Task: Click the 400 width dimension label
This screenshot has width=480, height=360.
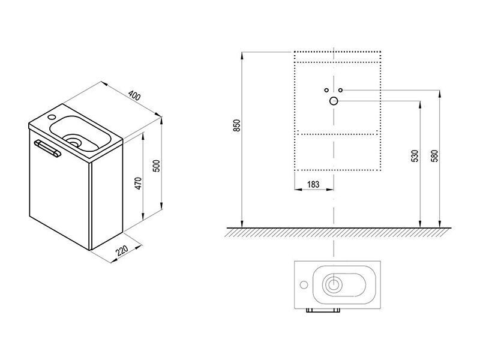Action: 134,95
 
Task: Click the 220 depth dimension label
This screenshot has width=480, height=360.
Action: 122,250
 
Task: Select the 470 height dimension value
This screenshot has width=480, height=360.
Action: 139,184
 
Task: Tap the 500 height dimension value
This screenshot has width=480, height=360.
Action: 156,166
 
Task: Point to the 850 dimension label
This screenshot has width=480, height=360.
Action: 237,125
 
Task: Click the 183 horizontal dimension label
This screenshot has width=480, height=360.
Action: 313,184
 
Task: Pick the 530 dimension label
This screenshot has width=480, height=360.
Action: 415,156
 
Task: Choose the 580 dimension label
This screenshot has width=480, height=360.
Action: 434,156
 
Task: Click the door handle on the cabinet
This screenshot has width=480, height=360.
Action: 47,148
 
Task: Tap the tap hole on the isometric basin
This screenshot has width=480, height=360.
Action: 51,117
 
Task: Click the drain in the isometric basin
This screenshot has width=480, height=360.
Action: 73,142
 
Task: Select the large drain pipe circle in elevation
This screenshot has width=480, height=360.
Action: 334,101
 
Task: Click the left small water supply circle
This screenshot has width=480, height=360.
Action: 326,90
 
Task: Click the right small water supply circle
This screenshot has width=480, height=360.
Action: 340,90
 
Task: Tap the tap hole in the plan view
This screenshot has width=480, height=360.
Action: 304,284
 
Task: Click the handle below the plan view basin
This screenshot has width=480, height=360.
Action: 323,310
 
